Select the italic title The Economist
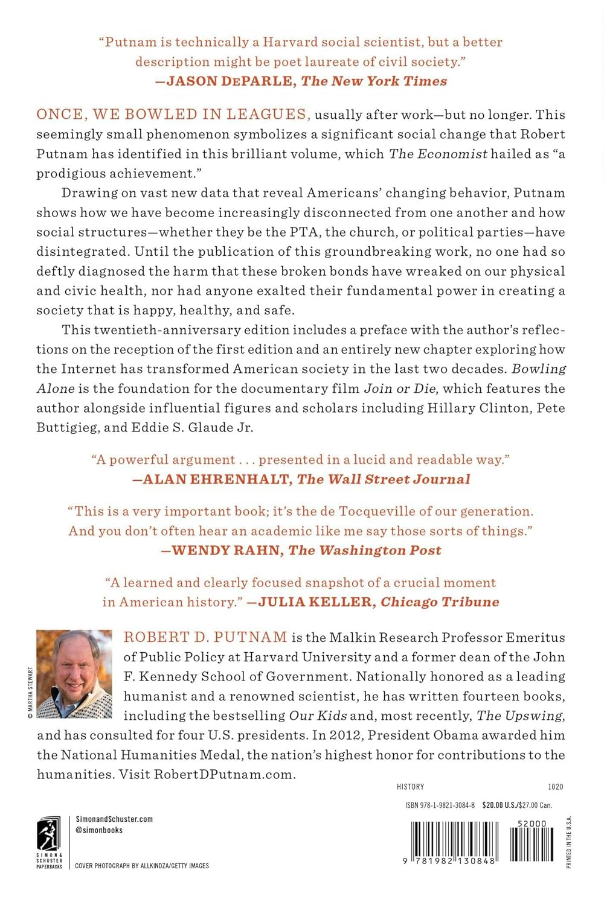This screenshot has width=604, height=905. [438, 154]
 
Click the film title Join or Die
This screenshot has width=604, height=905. [400, 389]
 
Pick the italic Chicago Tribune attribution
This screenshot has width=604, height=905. [440, 602]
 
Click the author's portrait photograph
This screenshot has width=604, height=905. [74, 674]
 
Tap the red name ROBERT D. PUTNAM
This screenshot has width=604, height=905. [205, 638]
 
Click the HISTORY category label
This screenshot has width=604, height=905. [410, 787]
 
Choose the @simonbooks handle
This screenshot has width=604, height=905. [99, 830]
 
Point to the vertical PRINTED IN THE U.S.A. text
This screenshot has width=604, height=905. [568, 842]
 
